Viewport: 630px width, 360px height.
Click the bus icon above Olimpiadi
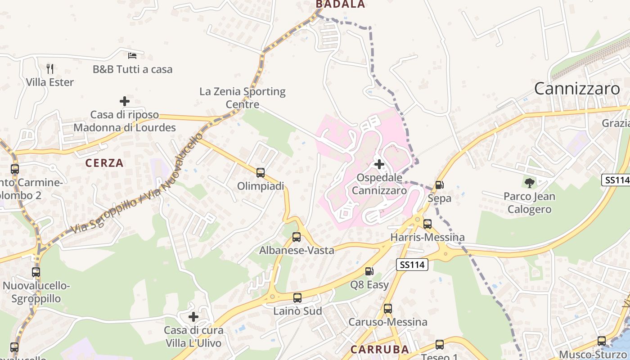(x=260, y=173)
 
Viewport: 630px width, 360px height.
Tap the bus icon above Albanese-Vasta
(x=296, y=237)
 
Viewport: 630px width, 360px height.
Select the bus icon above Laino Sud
(x=297, y=297)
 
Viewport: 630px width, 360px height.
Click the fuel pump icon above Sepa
(x=439, y=184)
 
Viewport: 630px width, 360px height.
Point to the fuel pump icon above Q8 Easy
(x=369, y=271)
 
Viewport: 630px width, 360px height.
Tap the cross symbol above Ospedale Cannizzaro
(x=379, y=164)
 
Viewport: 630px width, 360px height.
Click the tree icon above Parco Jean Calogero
(x=530, y=183)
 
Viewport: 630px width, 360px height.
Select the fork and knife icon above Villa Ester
(x=50, y=69)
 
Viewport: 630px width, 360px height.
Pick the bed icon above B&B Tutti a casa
(x=132, y=56)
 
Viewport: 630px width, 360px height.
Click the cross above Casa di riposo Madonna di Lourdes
(x=125, y=101)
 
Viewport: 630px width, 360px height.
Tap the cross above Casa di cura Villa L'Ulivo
(x=193, y=317)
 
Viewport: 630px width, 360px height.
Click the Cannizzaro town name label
(x=577, y=89)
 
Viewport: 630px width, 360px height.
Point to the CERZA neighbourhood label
(x=104, y=163)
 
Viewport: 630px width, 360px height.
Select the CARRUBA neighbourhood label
(x=380, y=349)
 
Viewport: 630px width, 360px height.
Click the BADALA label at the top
(x=340, y=4)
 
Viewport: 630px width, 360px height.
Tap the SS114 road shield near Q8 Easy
(x=412, y=265)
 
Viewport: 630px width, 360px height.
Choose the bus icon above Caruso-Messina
(x=388, y=309)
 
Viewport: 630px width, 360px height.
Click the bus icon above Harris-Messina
(x=427, y=224)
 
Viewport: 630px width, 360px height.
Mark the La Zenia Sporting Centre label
(x=243, y=98)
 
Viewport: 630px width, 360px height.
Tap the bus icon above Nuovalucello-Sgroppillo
(x=36, y=272)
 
